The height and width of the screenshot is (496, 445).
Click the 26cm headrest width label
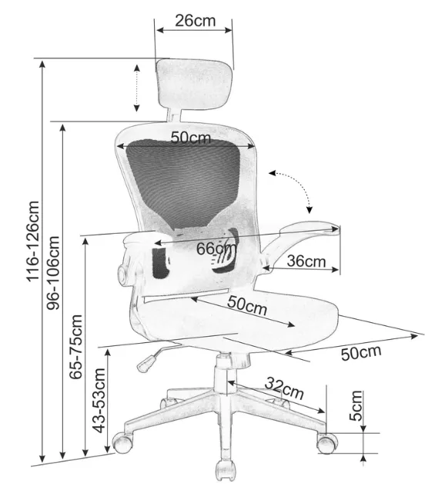click(x=195, y=21)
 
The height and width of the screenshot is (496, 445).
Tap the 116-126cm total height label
click(x=32, y=241)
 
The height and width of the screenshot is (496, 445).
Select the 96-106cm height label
click(x=53, y=273)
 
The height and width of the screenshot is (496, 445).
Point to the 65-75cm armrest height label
click(x=76, y=347)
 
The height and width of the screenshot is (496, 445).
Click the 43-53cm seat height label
click(x=99, y=401)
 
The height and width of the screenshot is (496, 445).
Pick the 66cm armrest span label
click(x=216, y=248)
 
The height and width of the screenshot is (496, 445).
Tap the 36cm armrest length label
click(x=306, y=261)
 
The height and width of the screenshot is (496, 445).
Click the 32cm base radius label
click(x=284, y=388)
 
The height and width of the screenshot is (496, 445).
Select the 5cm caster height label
click(x=356, y=405)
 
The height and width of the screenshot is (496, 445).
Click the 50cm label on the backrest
click(x=191, y=138)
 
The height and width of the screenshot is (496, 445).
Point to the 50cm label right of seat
click(x=361, y=353)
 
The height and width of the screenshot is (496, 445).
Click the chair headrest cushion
click(x=194, y=85)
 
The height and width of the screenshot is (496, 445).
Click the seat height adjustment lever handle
click(x=146, y=363)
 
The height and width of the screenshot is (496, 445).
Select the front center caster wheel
click(x=226, y=471)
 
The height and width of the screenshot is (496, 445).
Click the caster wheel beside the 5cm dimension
click(x=327, y=443)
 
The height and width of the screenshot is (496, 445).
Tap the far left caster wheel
click(x=122, y=443)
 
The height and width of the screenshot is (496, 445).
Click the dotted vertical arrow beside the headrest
click(x=136, y=88)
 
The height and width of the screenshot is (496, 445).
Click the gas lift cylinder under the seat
click(x=225, y=374)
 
